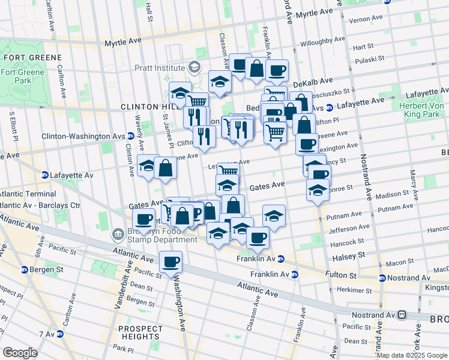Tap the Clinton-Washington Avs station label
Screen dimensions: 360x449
pyautogui.click(x=87, y=136)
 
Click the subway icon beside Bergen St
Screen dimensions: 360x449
pyautogui.click(x=25, y=269)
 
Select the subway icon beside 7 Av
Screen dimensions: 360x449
pyautogui.click(x=59, y=334)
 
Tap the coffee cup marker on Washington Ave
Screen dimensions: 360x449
pyautogui.click(x=171, y=262)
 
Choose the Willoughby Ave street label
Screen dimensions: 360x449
pyautogui.click(x=323, y=43)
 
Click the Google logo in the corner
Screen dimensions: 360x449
pyautogui.click(x=20, y=353)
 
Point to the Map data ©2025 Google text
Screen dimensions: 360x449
pyautogui.click(x=412, y=355)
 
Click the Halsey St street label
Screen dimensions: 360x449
pyautogui.click(x=345, y=256)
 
